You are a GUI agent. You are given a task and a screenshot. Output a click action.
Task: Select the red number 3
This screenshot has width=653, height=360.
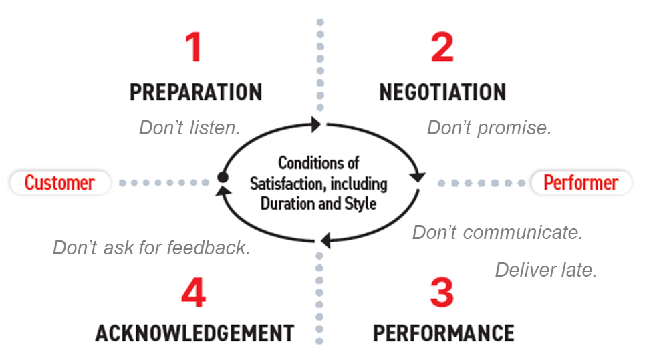coord(442,293)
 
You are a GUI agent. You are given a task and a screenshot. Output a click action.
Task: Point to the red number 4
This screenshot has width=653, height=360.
coord(193,293)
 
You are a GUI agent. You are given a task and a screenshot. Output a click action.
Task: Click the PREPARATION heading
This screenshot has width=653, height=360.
coord(196,92)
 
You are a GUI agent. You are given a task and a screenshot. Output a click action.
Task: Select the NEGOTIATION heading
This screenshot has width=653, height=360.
coord(442,92)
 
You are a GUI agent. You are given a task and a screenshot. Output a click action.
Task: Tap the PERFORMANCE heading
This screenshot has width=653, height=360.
coord(443,332)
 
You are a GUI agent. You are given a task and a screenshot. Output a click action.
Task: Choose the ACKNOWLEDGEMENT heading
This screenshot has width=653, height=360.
coord(194,332)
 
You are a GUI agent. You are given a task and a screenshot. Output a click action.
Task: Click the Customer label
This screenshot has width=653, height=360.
coord(59,182)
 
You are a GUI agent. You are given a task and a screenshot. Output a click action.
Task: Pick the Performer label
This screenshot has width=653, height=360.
coord(580,182)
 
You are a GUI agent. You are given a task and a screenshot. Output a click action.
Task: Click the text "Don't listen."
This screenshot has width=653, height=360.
coord(189,128)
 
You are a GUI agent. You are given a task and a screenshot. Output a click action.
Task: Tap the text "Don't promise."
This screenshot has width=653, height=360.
coord(489,128)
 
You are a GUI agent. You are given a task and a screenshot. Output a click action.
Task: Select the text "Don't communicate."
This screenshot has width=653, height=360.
coord(498,232)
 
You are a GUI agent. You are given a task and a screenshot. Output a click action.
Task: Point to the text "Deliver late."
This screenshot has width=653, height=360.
coord(545,270)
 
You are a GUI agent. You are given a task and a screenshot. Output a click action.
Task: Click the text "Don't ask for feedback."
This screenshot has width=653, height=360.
coord(152,248)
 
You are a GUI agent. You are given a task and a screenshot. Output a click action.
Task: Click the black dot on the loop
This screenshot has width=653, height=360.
coord(223,177)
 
